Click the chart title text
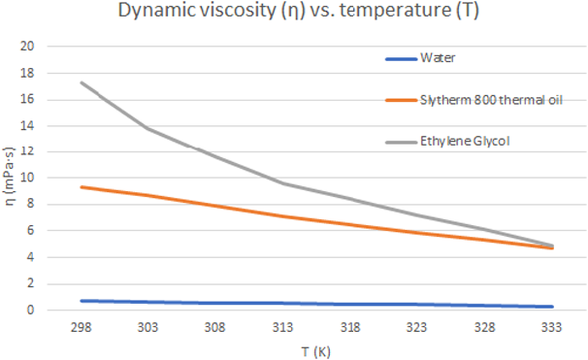coord(293,13)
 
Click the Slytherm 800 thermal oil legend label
coord(477,100)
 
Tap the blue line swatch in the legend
coord(401,58)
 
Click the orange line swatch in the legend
coord(401,100)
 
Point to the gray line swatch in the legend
coord(401,143)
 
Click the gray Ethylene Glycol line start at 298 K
coord(82,82)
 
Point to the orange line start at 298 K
coord(82,186)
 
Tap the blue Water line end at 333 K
coord(550,307)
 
